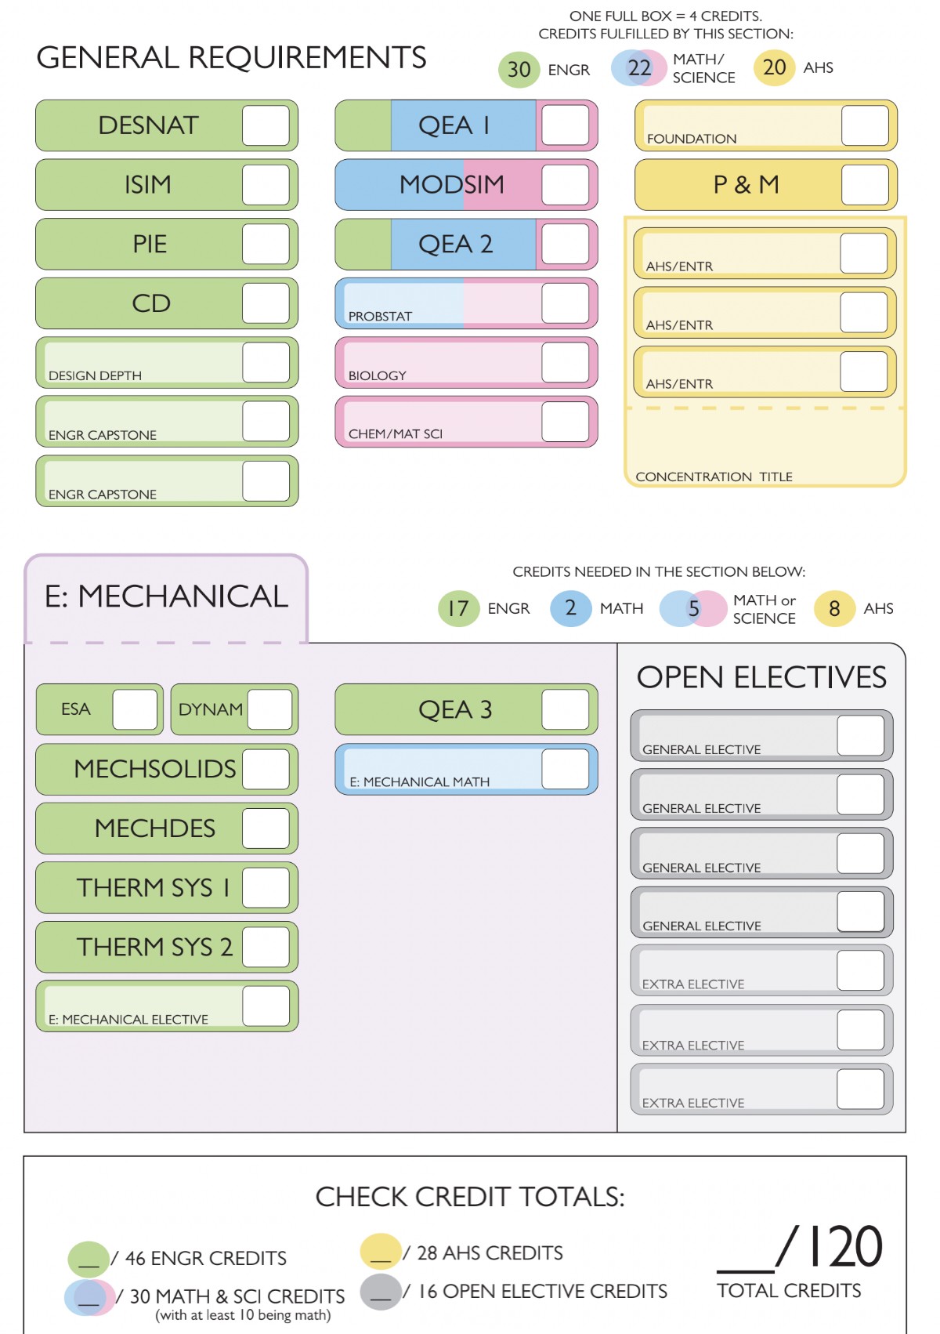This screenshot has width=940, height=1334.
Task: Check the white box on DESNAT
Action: (266, 125)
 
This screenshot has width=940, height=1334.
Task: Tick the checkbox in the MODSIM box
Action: (565, 185)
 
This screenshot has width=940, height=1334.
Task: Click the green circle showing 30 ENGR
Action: (519, 69)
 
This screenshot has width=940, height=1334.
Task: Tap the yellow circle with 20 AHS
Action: (774, 68)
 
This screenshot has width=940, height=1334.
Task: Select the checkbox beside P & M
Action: (865, 185)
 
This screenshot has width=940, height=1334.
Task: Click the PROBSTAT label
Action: (380, 316)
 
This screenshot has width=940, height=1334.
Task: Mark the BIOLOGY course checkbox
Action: (565, 363)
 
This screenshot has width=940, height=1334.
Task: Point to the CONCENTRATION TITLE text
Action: (714, 477)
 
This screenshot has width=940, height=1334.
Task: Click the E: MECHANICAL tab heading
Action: (166, 597)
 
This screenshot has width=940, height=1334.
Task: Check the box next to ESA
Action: (136, 709)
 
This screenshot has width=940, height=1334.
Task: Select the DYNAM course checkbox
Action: (270, 709)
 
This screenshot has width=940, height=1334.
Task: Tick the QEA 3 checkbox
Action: (565, 709)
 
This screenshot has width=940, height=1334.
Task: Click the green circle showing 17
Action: (458, 608)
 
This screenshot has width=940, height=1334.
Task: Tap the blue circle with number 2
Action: (570, 608)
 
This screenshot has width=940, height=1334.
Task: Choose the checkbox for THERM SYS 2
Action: (266, 947)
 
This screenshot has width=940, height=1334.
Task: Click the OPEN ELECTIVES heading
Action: (761, 677)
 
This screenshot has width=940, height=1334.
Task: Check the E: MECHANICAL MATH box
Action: (565, 769)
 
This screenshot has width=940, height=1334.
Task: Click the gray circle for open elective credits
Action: (381, 1291)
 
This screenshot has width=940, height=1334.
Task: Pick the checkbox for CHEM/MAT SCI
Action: (565, 422)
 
